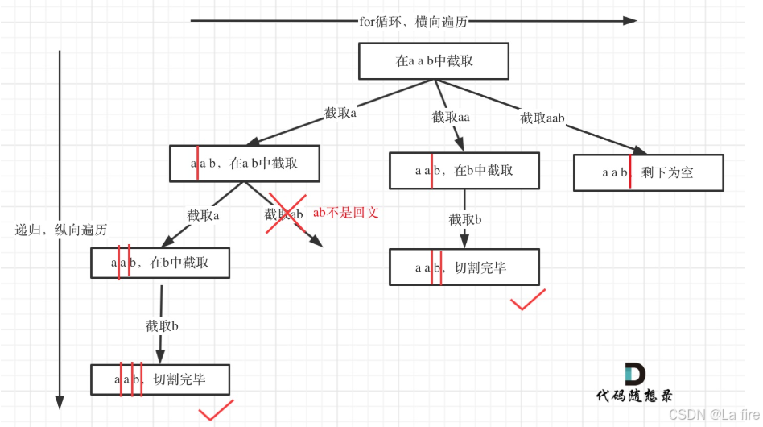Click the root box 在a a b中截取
click(x=435, y=60)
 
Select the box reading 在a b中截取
click(x=245, y=163)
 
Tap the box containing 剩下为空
click(x=648, y=172)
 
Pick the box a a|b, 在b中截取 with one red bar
click(x=464, y=170)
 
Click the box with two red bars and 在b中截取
click(x=161, y=263)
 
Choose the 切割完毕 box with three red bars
click(x=160, y=379)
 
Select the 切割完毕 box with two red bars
click(x=464, y=267)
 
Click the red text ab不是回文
click(x=345, y=213)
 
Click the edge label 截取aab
click(x=542, y=118)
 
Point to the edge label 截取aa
click(x=451, y=118)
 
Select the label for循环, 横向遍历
click(x=413, y=22)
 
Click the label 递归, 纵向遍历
click(x=61, y=230)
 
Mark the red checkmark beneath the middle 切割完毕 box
click(x=528, y=300)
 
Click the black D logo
click(x=634, y=374)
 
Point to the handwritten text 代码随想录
click(x=634, y=396)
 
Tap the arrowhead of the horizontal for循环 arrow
click(x=629, y=21)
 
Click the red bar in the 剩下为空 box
click(x=630, y=172)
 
